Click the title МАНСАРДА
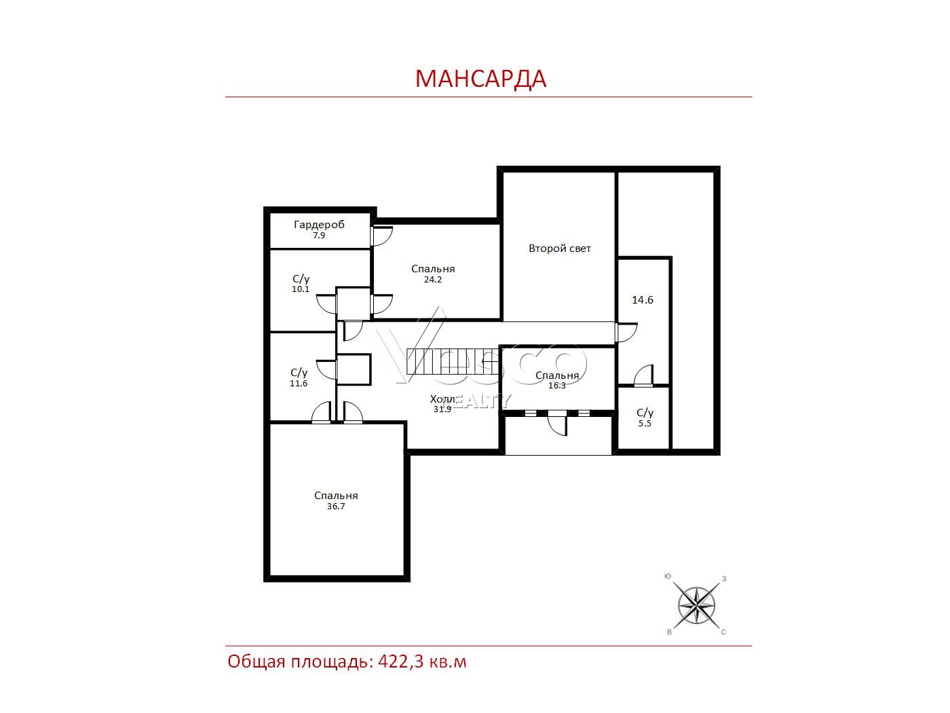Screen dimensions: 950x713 click(480, 79)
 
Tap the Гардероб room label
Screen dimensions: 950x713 click(319, 225)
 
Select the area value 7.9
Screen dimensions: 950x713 click(319, 236)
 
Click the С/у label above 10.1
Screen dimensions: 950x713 click(301, 279)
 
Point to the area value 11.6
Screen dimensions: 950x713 click(299, 384)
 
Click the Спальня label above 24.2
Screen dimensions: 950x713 click(433, 269)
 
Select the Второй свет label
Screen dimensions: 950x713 click(560, 249)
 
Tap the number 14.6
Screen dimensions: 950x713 click(643, 300)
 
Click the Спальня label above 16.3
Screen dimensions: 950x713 click(557, 376)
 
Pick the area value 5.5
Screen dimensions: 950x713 click(645, 424)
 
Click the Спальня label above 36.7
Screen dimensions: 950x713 click(336, 496)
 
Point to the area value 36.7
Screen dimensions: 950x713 click(336, 507)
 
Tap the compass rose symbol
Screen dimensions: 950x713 click(696, 606)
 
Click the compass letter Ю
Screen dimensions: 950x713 click(668, 577)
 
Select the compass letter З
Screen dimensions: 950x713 click(724, 579)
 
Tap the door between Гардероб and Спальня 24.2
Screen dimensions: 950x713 click(381, 236)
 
